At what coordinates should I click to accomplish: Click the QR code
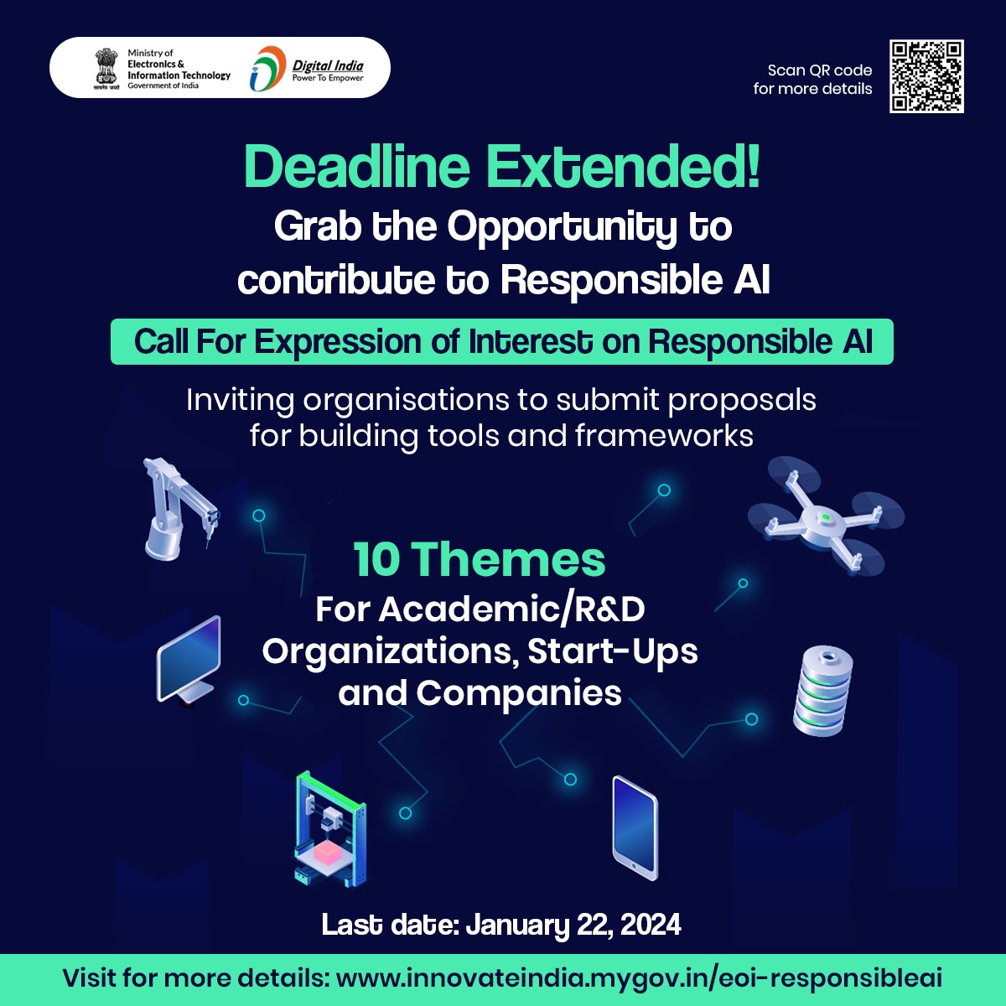tap(926, 76)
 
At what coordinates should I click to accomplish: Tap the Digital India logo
tap(307, 69)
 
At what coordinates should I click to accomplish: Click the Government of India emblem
tap(106, 69)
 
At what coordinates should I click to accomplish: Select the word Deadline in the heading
tap(357, 167)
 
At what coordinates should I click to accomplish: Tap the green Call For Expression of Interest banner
tap(502, 341)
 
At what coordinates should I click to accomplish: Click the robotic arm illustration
tap(179, 509)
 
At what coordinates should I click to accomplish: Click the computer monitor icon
tap(189, 661)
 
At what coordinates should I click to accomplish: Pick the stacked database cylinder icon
tap(822, 690)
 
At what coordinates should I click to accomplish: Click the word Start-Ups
tap(612, 651)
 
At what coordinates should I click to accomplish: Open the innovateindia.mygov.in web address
tap(639, 977)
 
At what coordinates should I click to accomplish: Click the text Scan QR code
tap(820, 70)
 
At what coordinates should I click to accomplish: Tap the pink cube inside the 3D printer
tap(328, 852)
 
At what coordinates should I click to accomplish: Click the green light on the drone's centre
tap(826, 517)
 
